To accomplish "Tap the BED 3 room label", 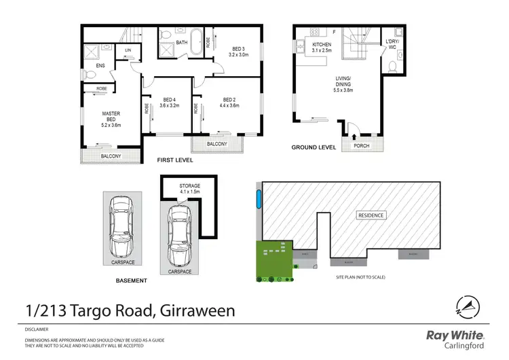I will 238,49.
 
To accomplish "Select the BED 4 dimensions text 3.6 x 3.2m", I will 168,105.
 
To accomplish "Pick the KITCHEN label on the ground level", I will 322,45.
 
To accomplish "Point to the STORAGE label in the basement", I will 189,185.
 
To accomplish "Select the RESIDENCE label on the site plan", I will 371,215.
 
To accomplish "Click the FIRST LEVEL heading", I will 175,160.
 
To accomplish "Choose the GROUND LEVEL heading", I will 314,147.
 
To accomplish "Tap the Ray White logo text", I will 455,334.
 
